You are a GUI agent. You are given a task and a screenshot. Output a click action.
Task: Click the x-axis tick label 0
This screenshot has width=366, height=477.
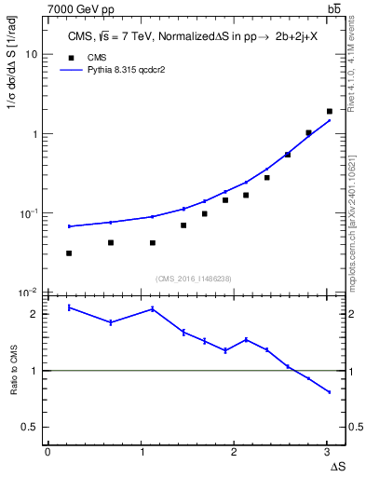click(x=47, y=452)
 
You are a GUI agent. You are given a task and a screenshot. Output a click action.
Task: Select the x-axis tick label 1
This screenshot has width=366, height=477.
click(x=141, y=452)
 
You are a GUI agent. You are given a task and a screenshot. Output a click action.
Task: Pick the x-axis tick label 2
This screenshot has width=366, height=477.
click(x=235, y=452)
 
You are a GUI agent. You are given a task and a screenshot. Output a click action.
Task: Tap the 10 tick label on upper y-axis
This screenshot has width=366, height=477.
click(x=31, y=55)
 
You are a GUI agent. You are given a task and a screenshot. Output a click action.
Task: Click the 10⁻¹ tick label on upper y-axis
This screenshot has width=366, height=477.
click(x=28, y=213)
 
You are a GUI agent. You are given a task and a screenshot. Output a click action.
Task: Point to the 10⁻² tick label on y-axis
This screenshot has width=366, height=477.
click(x=28, y=293)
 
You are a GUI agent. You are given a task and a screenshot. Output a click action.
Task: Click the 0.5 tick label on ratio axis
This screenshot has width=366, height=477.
click(x=29, y=428)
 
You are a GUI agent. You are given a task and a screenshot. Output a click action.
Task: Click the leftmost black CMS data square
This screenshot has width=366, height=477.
click(x=69, y=252)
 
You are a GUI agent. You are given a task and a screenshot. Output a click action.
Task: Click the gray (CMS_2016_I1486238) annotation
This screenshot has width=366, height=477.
click(x=193, y=278)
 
